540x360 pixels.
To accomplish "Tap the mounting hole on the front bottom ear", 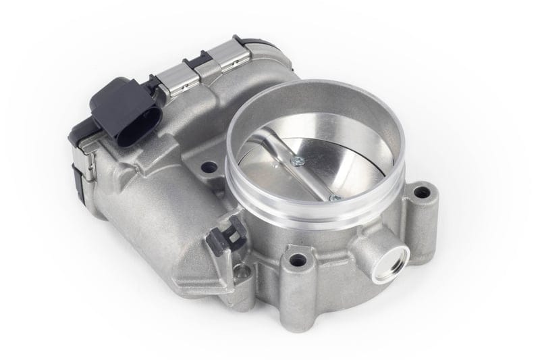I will pyautogui.click(x=296, y=258).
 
